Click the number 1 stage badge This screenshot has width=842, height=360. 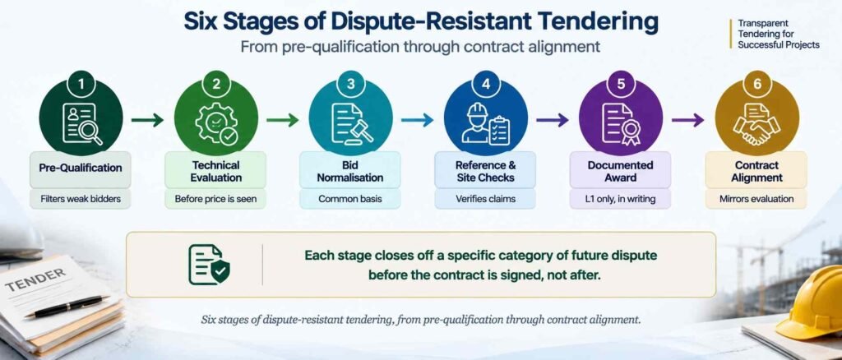81,84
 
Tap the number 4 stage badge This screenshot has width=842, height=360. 485,84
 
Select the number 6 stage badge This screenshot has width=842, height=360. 756,84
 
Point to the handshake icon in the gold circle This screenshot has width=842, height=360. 756,124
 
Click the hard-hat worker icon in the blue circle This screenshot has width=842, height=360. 485,123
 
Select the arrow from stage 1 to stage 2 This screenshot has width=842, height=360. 148,120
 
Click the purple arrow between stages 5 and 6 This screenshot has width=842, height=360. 688,120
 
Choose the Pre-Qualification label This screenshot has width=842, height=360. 81,168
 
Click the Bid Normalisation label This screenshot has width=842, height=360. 350,171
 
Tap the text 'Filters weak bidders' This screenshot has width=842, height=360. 81,199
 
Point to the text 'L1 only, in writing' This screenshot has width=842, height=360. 621,199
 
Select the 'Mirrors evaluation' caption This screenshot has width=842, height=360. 756,199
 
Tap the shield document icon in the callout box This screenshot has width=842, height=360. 209,265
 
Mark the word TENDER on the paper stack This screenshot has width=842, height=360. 35,279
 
